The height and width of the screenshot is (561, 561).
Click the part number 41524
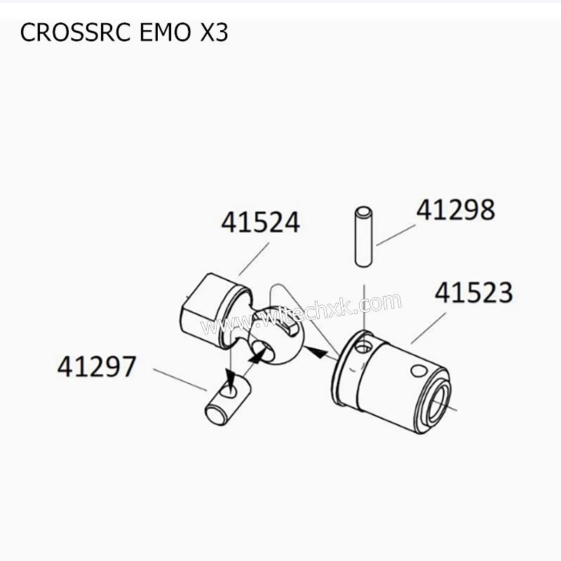pos(260,222)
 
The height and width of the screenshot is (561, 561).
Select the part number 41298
pos(455,210)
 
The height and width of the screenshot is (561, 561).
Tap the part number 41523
pos(473,293)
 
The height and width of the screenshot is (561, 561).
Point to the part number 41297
pos(96,366)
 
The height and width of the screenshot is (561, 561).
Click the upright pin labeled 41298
pos(363,237)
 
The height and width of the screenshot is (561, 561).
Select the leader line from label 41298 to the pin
pos(396,236)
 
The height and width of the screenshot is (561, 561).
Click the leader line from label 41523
pos(429,328)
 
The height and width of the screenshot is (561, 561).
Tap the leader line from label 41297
pos(180,380)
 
